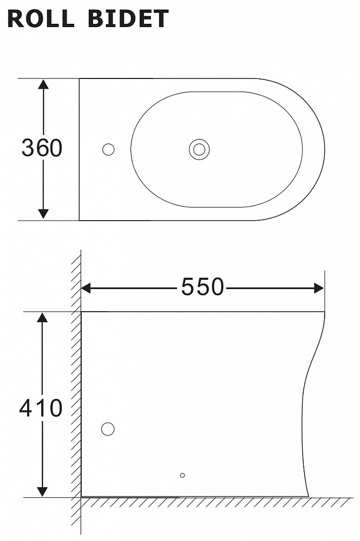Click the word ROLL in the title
tap(41, 19)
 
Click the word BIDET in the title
tap(128, 19)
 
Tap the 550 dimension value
tap(202, 287)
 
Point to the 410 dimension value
tap(41, 408)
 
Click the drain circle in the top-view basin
tap(199, 149)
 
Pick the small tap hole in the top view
tap(108, 149)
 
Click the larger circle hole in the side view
tap(108, 429)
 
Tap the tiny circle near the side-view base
tap(182, 475)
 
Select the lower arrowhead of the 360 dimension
tap(44, 214)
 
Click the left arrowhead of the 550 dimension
tap(86, 288)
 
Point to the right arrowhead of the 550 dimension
tap(318, 288)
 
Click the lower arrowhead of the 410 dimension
tap(42, 491)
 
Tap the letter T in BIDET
tap(160, 19)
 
